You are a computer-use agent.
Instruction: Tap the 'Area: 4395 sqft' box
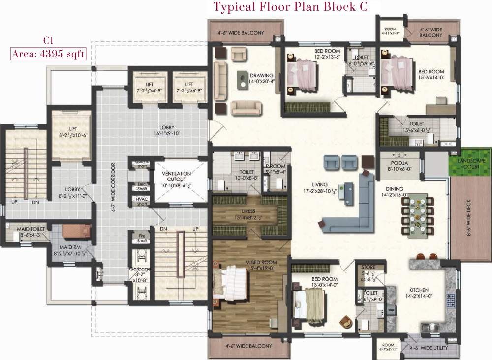(49, 53)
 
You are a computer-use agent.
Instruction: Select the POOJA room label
(400, 164)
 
